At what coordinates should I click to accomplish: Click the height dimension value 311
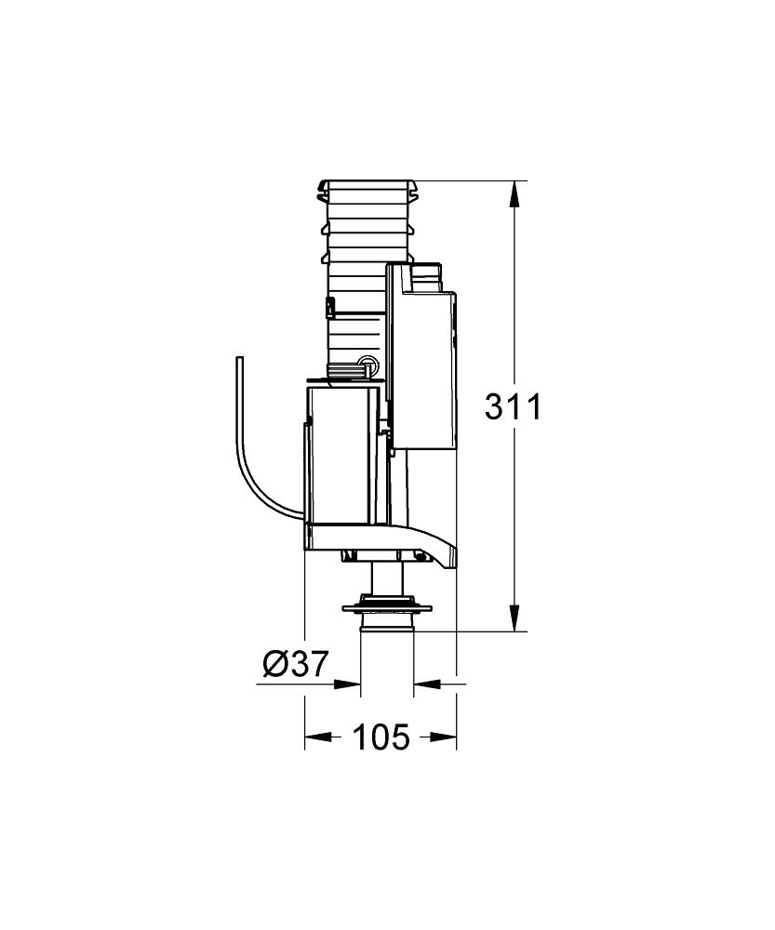pos(513,407)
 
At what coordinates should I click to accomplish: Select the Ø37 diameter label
pos(295,663)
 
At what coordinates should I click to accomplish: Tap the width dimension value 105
pos(381,737)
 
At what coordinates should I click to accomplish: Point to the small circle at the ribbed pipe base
pos(367,364)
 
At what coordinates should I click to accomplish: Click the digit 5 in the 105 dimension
pos(398,737)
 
